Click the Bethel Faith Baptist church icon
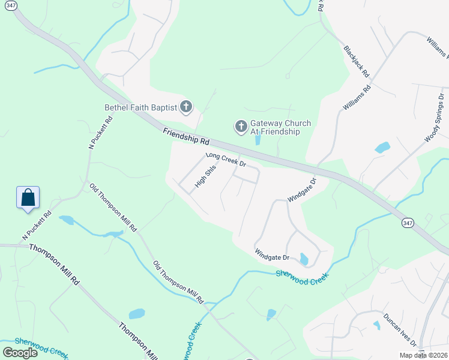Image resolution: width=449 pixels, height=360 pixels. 186,107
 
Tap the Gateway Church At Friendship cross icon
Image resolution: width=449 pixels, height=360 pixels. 241,127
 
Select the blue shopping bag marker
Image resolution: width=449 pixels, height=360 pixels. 28,197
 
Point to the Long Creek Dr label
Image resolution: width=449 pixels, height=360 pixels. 226,159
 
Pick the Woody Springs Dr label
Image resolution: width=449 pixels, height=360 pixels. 434,118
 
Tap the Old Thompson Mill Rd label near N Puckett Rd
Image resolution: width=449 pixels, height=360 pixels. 113,208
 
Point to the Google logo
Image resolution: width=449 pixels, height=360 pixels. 20,352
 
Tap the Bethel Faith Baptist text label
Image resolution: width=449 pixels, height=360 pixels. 141,108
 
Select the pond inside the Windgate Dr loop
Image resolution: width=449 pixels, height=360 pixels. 304,259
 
